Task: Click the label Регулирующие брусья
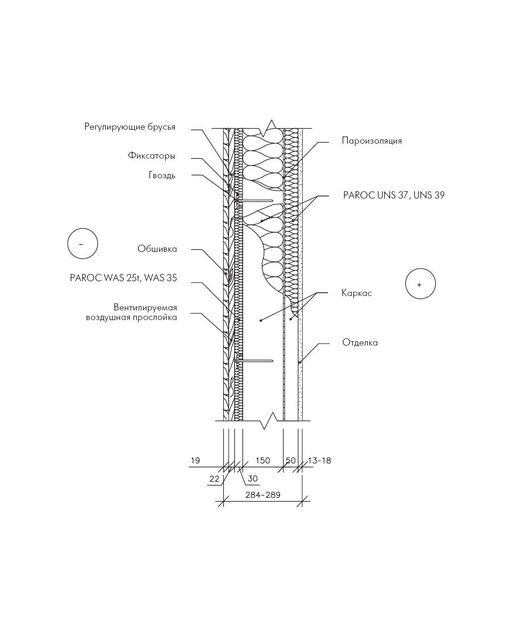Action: (130, 127)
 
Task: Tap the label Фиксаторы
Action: (152, 156)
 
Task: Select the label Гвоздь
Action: (162, 175)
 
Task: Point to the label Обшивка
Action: (157, 249)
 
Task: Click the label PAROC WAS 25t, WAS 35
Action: (123, 278)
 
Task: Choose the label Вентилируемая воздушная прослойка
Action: (131, 312)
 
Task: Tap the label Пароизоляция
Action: (372, 141)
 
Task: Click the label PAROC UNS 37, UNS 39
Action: (393, 196)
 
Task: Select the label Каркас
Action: (356, 293)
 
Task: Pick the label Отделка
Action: (360, 343)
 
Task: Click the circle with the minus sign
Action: (83, 244)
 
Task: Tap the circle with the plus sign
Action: (420, 284)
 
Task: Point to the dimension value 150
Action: (263, 460)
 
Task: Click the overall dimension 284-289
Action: (263, 495)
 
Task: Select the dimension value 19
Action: (195, 460)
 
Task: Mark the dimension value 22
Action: (214, 479)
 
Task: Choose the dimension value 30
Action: (252, 479)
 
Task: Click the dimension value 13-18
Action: (319, 460)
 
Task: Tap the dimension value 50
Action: (291, 460)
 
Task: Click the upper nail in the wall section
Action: (254, 200)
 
